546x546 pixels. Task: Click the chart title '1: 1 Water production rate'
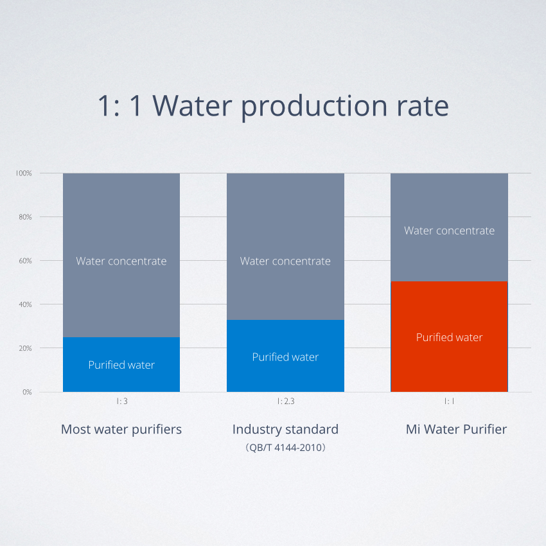pyautogui.click(x=273, y=105)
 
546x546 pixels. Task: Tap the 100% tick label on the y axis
pyautogui.click(x=24, y=173)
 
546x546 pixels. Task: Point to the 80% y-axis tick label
pyautogui.click(x=25, y=217)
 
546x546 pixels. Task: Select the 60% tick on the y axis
pyautogui.click(x=25, y=261)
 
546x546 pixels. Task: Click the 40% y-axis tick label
pyautogui.click(x=25, y=304)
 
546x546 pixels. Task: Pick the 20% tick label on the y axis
pyautogui.click(x=25, y=348)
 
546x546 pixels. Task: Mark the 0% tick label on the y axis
pyautogui.click(x=27, y=392)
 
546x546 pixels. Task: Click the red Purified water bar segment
pyautogui.click(x=449, y=337)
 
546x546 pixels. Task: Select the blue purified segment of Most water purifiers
pyautogui.click(x=121, y=364)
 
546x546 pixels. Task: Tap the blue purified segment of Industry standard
pyautogui.click(x=286, y=355)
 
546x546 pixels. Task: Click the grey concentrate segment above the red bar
pyautogui.click(x=449, y=227)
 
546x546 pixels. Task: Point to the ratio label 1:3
pyautogui.click(x=122, y=401)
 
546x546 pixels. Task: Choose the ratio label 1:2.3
pyautogui.click(x=286, y=401)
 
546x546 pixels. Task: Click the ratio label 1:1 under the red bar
pyautogui.click(x=449, y=401)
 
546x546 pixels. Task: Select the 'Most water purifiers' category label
pyautogui.click(x=121, y=430)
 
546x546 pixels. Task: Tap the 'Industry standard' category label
pyautogui.click(x=286, y=429)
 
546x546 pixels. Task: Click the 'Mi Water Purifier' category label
pyautogui.click(x=456, y=429)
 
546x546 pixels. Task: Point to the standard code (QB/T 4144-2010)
pyautogui.click(x=286, y=448)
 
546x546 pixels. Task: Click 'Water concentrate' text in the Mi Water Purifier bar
pyautogui.click(x=449, y=231)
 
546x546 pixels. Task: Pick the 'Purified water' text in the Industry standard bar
pyautogui.click(x=286, y=357)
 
